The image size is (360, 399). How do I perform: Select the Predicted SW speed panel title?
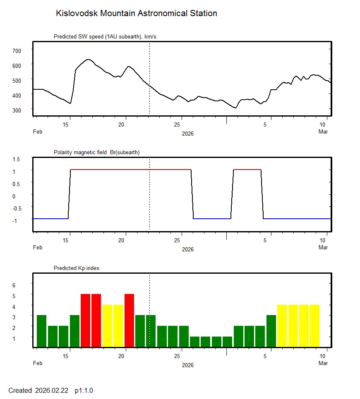pyautogui.click(x=105, y=37)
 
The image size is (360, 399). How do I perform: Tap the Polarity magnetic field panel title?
pyautogui.click(x=96, y=152)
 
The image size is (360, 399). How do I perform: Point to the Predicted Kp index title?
pyautogui.click(x=77, y=268)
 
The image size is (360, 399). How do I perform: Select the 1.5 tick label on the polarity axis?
pyautogui.click(x=17, y=159)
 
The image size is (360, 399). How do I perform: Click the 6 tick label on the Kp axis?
pyautogui.click(x=14, y=285)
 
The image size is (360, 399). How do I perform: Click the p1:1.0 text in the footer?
pyautogui.click(x=84, y=390)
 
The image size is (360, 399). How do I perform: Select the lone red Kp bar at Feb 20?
pyautogui.click(x=129, y=320)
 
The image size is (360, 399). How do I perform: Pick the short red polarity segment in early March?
pyautogui.click(x=247, y=170)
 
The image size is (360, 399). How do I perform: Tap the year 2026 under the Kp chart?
pyautogui.click(x=187, y=365)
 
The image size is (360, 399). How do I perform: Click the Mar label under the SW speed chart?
pyautogui.click(x=323, y=132)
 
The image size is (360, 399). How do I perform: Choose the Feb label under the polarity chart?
pyautogui.click(x=38, y=248)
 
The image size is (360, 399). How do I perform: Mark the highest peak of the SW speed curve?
pyautogui.click(x=88, y=60)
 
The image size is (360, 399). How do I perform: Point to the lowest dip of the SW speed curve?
pyautogui.click(x=235, y=108)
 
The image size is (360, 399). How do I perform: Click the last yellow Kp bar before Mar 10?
pyautogui.click(x=314, y=325)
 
